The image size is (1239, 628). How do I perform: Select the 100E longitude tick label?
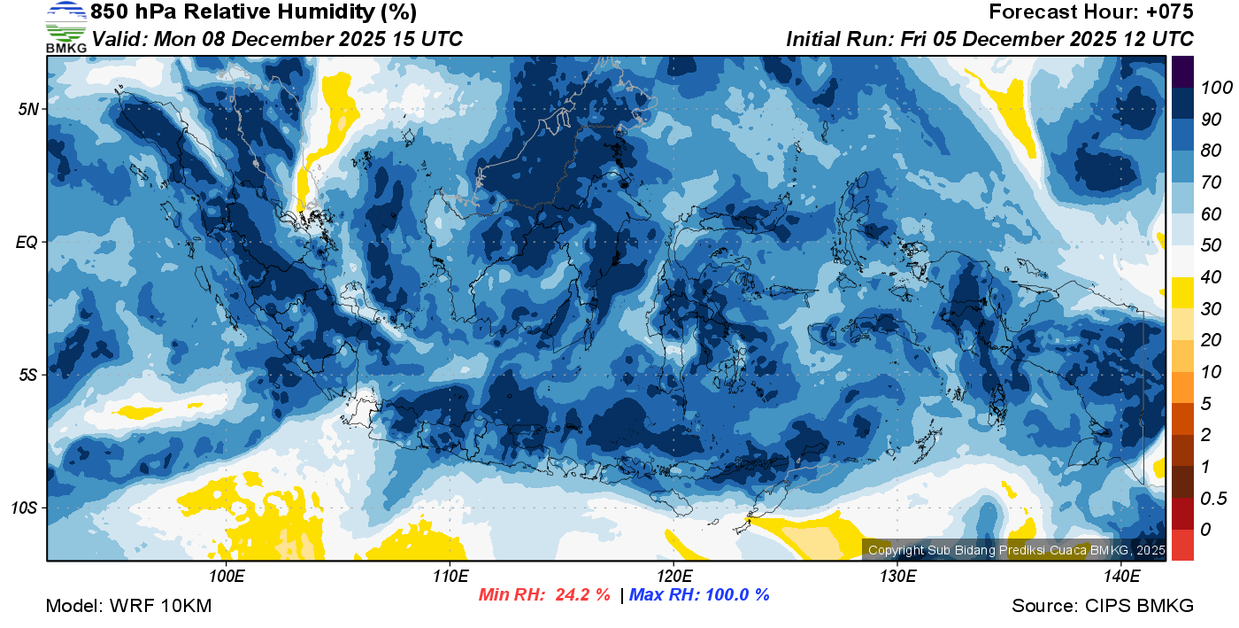click(227, 576)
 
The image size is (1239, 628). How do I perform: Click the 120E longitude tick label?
click(673, 576)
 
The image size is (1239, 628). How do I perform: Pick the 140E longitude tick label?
click(1121, 576)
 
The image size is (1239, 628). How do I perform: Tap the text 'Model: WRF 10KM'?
click(128, 606)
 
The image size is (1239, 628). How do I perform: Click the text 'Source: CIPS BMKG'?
click(1103, 606)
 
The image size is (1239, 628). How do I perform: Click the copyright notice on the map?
click(1016, 550)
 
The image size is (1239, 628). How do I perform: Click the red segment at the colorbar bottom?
click(1182, 545)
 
